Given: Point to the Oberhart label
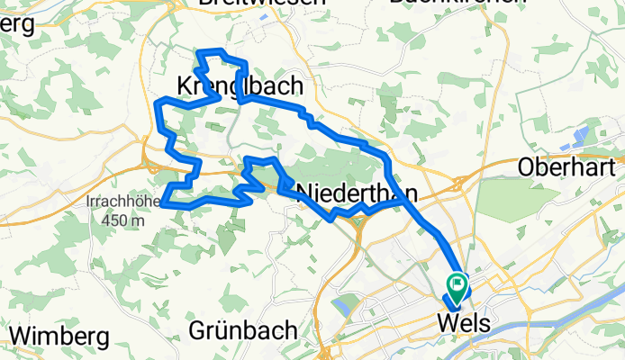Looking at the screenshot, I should coord(566,167).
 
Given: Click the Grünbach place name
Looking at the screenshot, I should coord(239,330).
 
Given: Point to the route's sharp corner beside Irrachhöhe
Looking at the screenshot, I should coord(165,203).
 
